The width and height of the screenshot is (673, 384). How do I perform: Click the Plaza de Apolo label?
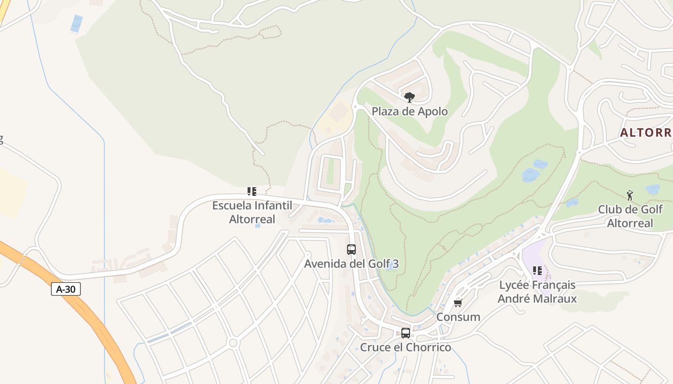tap(410, 111)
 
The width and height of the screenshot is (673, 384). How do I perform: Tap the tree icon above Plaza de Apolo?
tap(409, 97)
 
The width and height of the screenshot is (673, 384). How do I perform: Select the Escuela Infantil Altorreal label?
tap(252, 212)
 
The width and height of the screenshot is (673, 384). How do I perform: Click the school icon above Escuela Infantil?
tap(251, 192)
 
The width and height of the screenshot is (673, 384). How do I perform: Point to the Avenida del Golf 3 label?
tap(351, 264)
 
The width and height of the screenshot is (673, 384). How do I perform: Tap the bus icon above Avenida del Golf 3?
tap(351, 250)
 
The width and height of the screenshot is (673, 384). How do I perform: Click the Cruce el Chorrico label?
tap(406, 347)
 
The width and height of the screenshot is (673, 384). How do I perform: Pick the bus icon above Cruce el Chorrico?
tap(406, 333)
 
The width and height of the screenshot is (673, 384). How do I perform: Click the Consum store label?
tap(458, 317)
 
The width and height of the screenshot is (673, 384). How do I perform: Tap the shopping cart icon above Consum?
tap(458, 303)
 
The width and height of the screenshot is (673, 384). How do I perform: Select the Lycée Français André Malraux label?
tap(537, 291)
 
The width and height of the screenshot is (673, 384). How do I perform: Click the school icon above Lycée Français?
tap(537, 271)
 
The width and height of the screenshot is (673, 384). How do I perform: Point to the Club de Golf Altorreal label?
tap(630, 216)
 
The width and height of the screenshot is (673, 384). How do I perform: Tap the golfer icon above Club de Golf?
tap(630, 195)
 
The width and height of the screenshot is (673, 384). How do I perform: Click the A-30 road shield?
tap(65, 289)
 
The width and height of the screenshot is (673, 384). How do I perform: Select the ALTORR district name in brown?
tap(646, 132)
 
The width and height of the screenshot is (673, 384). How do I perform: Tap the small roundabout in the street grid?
tap(234, 343)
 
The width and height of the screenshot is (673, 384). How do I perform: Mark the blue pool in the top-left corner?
tap(76, 24)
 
